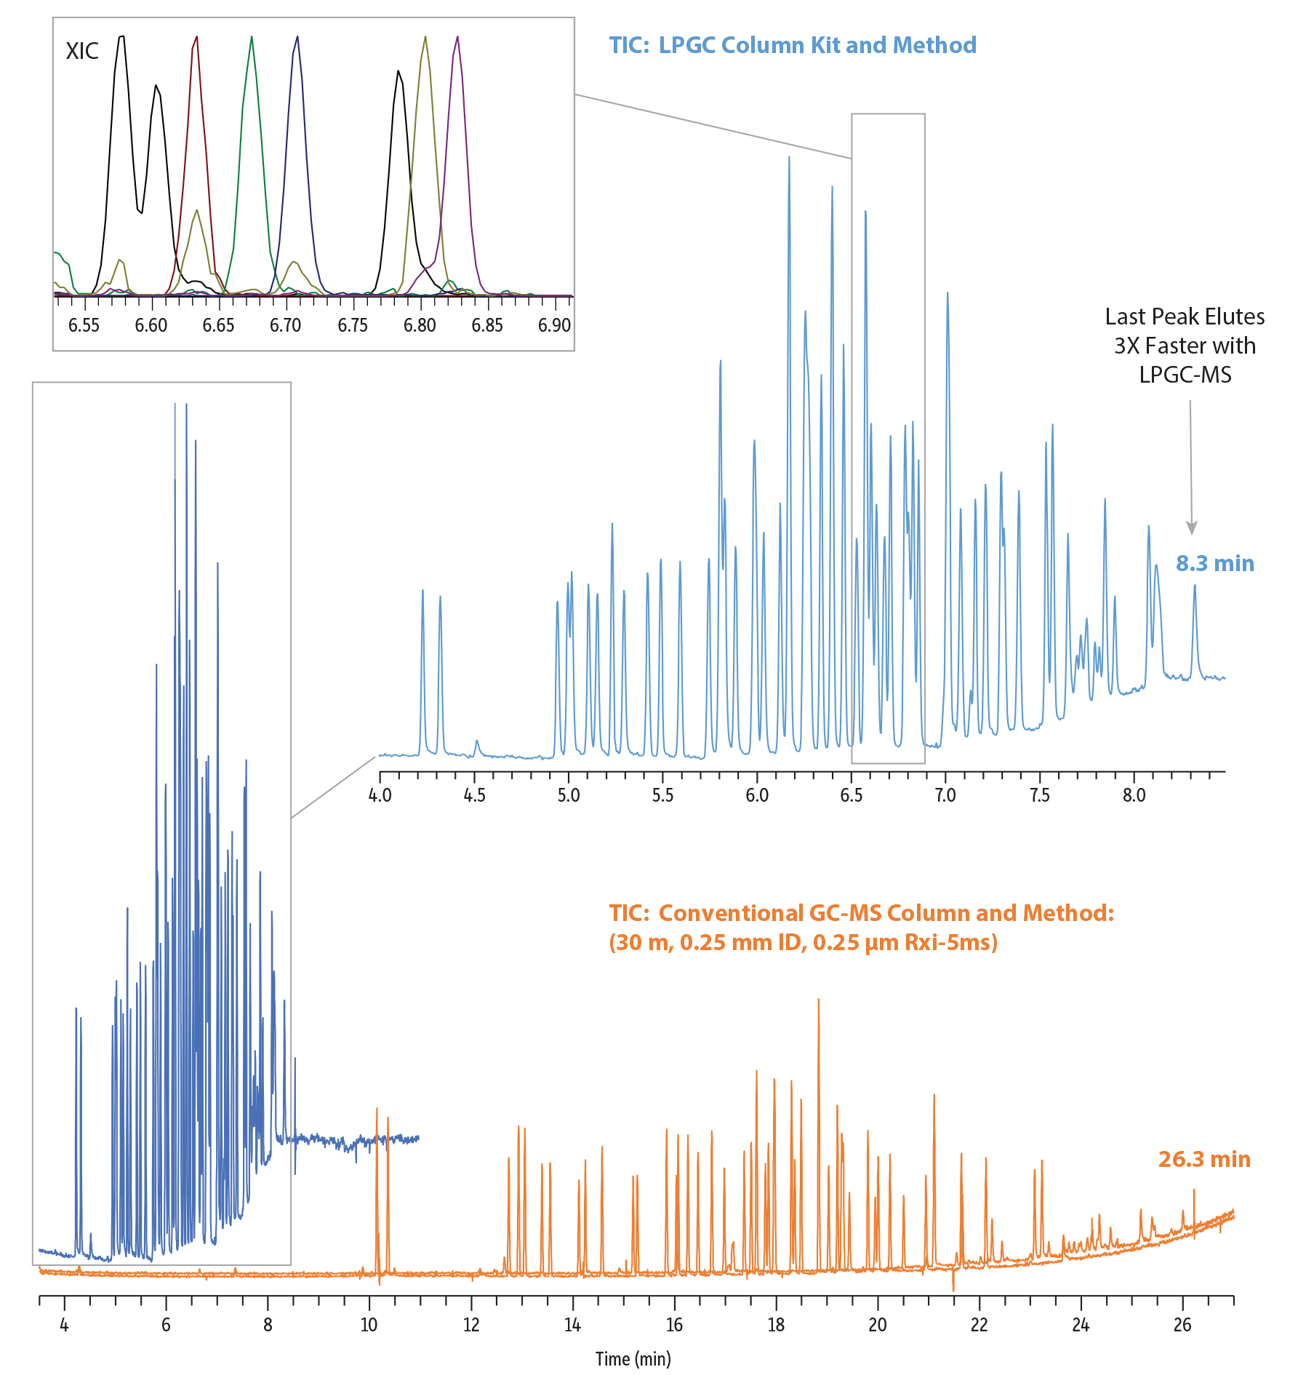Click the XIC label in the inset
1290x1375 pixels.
82,51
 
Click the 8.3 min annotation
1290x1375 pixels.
1215,563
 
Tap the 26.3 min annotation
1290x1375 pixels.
1204,1159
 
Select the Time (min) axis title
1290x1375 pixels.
633,1358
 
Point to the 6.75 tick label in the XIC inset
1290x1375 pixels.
353,325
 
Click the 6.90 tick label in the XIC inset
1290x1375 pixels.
554,325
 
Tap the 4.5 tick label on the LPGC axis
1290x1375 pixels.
474,795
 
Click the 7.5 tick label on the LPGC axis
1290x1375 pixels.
1040,795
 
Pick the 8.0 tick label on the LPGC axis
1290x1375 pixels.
1134,795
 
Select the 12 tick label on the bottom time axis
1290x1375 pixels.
471,1324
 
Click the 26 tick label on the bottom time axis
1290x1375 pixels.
1182,1324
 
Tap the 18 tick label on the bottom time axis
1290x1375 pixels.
776,1324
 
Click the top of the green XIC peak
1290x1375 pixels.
252,36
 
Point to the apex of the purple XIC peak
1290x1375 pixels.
457,36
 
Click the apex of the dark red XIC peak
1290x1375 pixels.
196,36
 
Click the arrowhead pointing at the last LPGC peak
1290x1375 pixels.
1191,528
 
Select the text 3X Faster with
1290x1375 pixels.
1185,346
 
